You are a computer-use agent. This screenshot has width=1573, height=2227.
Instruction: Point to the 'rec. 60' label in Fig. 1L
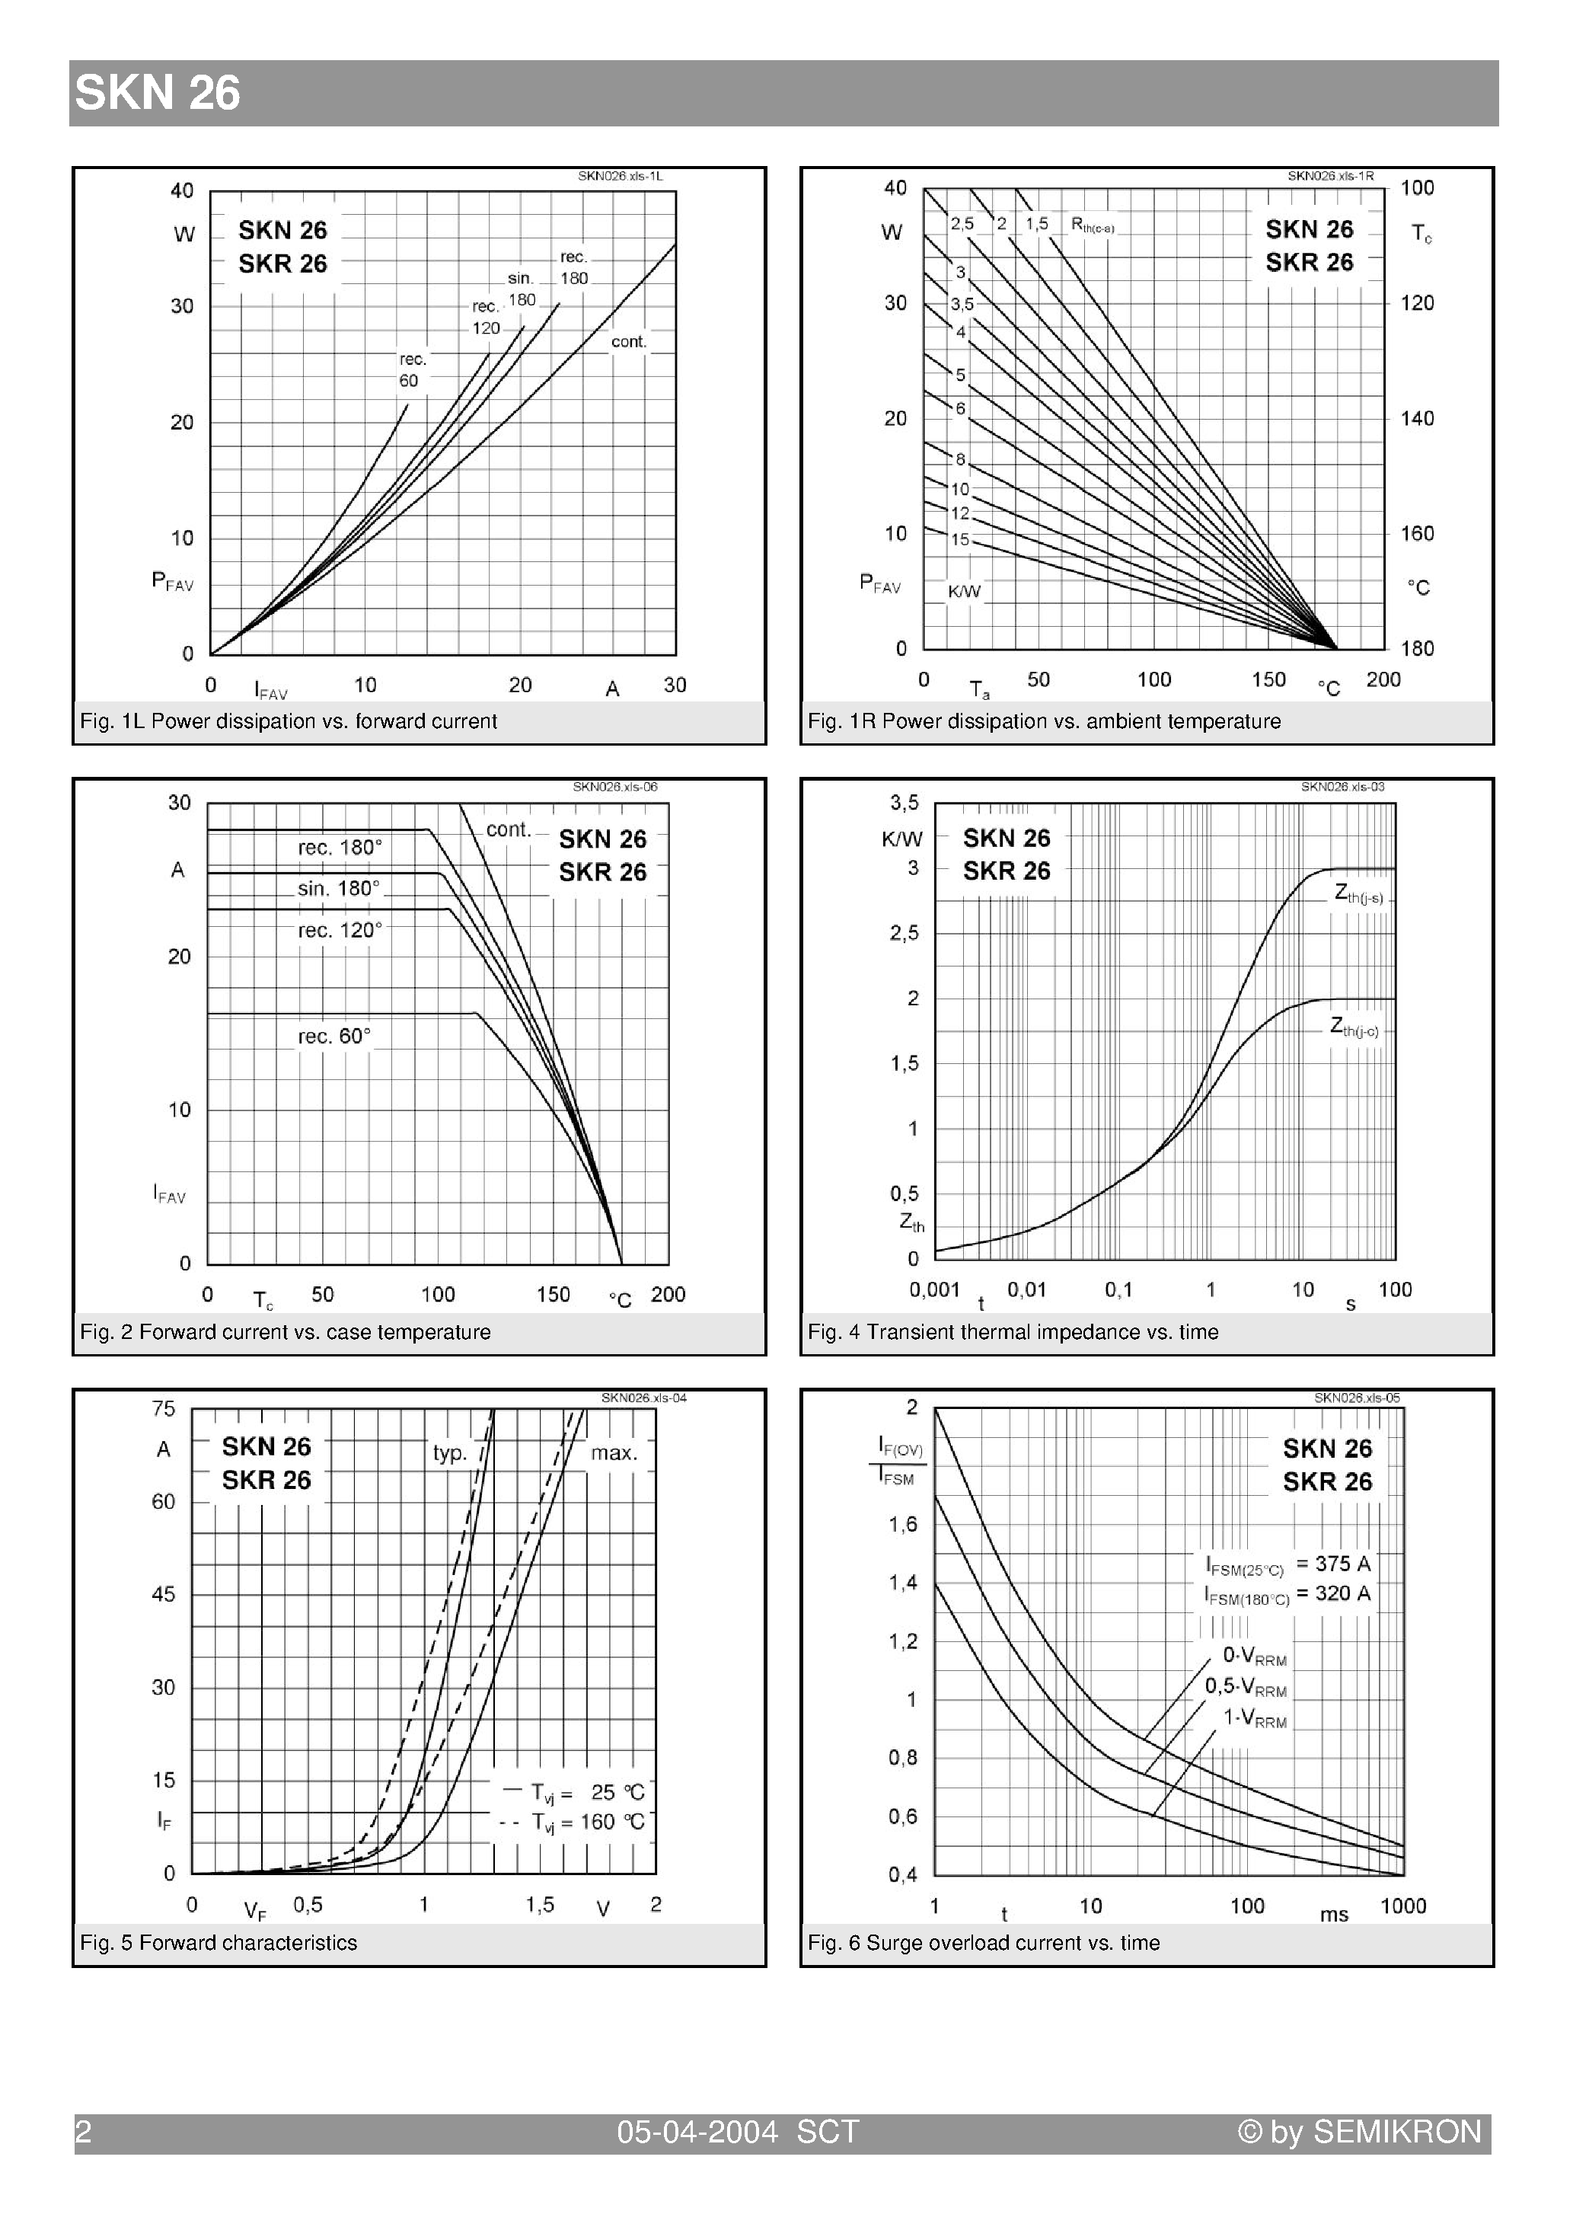pos(412,369)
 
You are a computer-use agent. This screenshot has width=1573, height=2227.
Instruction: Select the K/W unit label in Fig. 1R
pos(964,592)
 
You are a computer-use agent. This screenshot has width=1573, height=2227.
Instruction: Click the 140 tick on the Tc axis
pos(1416,418)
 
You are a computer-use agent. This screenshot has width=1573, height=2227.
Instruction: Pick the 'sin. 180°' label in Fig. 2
pos(339,889)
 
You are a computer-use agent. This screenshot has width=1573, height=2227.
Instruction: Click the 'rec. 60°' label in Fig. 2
pos(333,1036)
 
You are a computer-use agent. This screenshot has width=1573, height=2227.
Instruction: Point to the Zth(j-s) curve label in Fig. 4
pos(1358,894)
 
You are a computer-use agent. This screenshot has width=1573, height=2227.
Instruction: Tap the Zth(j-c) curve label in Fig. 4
pos(1354,1027)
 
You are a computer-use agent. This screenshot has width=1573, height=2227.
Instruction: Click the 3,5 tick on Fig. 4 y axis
pos(904,803)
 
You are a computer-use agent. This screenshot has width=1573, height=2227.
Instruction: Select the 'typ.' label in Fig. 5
pos(450,1453)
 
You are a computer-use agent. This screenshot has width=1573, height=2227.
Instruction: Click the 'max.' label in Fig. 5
pos(614,1453)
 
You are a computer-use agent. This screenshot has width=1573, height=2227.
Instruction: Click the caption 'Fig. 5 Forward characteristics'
pos(219,1943)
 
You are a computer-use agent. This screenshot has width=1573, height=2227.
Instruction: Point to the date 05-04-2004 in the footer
pos(697,2132)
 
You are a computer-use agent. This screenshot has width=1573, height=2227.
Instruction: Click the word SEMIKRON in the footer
pos(1396,2132)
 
